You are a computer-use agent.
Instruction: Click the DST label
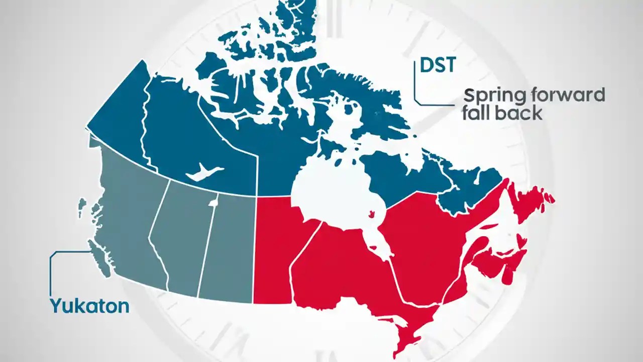click(x=438, y=65)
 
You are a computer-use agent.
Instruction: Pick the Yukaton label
click(x=89, y=305)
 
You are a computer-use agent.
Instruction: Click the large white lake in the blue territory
click(x=203, y=172)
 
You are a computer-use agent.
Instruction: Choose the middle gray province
click(x=181, y=236)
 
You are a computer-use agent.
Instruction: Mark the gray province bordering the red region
click(x=229, y=246)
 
